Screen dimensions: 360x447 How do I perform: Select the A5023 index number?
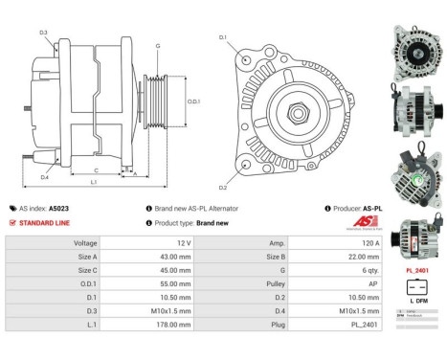coord(59,208)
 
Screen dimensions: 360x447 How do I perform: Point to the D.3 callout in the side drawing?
coord(44,33)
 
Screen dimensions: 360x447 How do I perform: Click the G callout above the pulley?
coord(157,45)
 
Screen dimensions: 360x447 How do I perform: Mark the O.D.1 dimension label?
coord(193,101)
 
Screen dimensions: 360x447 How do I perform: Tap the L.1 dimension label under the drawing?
coord(93,181)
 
